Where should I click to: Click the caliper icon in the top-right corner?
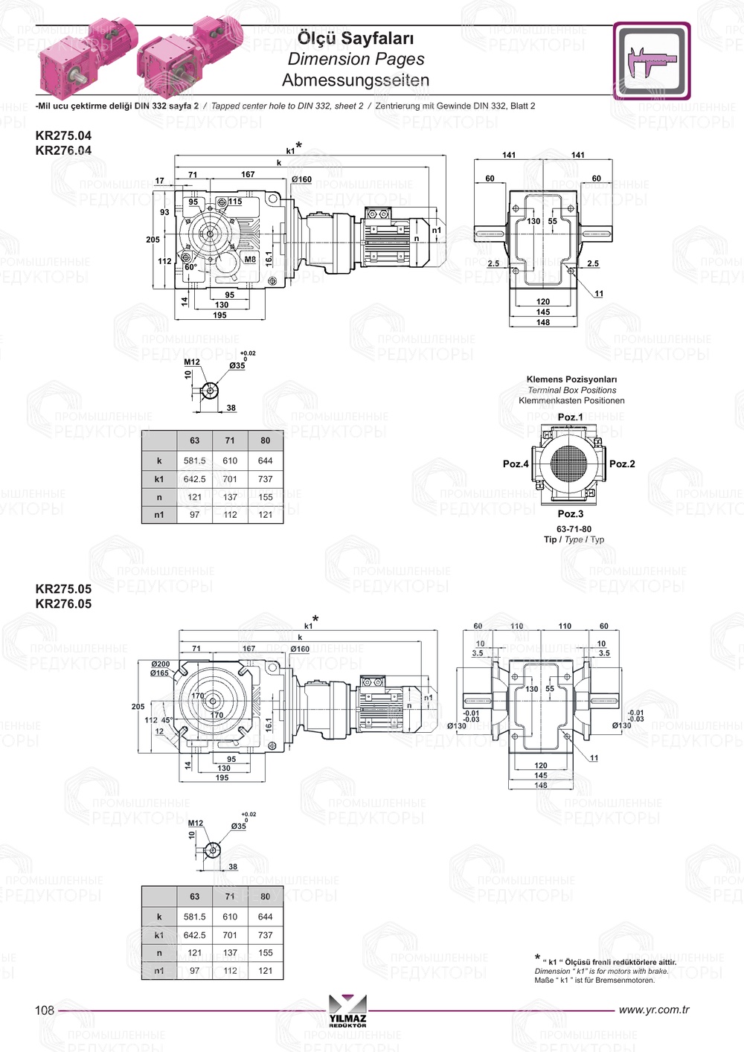point(652,61)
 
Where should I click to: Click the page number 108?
point(45,1010)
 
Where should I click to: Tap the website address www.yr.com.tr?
point(654,1010)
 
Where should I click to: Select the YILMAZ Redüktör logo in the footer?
point(347,1011)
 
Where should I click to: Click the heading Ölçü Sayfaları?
point(356,38)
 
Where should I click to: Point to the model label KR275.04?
point(63,135)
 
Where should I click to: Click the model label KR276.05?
point(63,604)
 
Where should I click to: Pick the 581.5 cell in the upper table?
point(195,461)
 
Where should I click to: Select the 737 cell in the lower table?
point(266,935)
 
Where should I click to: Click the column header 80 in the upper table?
point(266,440)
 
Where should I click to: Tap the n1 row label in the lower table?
point(159,971)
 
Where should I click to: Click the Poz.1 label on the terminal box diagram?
point(571,417)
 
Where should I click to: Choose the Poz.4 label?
point(516,464)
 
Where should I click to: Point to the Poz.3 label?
point(571,514)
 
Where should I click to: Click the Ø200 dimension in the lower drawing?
point(160,664)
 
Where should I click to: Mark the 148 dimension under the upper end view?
point(543,323)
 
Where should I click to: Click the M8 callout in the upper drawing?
point(250,260)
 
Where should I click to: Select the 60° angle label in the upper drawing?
point(190,267)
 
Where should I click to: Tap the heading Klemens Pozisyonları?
point(571,379)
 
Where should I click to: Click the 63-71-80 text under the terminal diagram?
point(574,530)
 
